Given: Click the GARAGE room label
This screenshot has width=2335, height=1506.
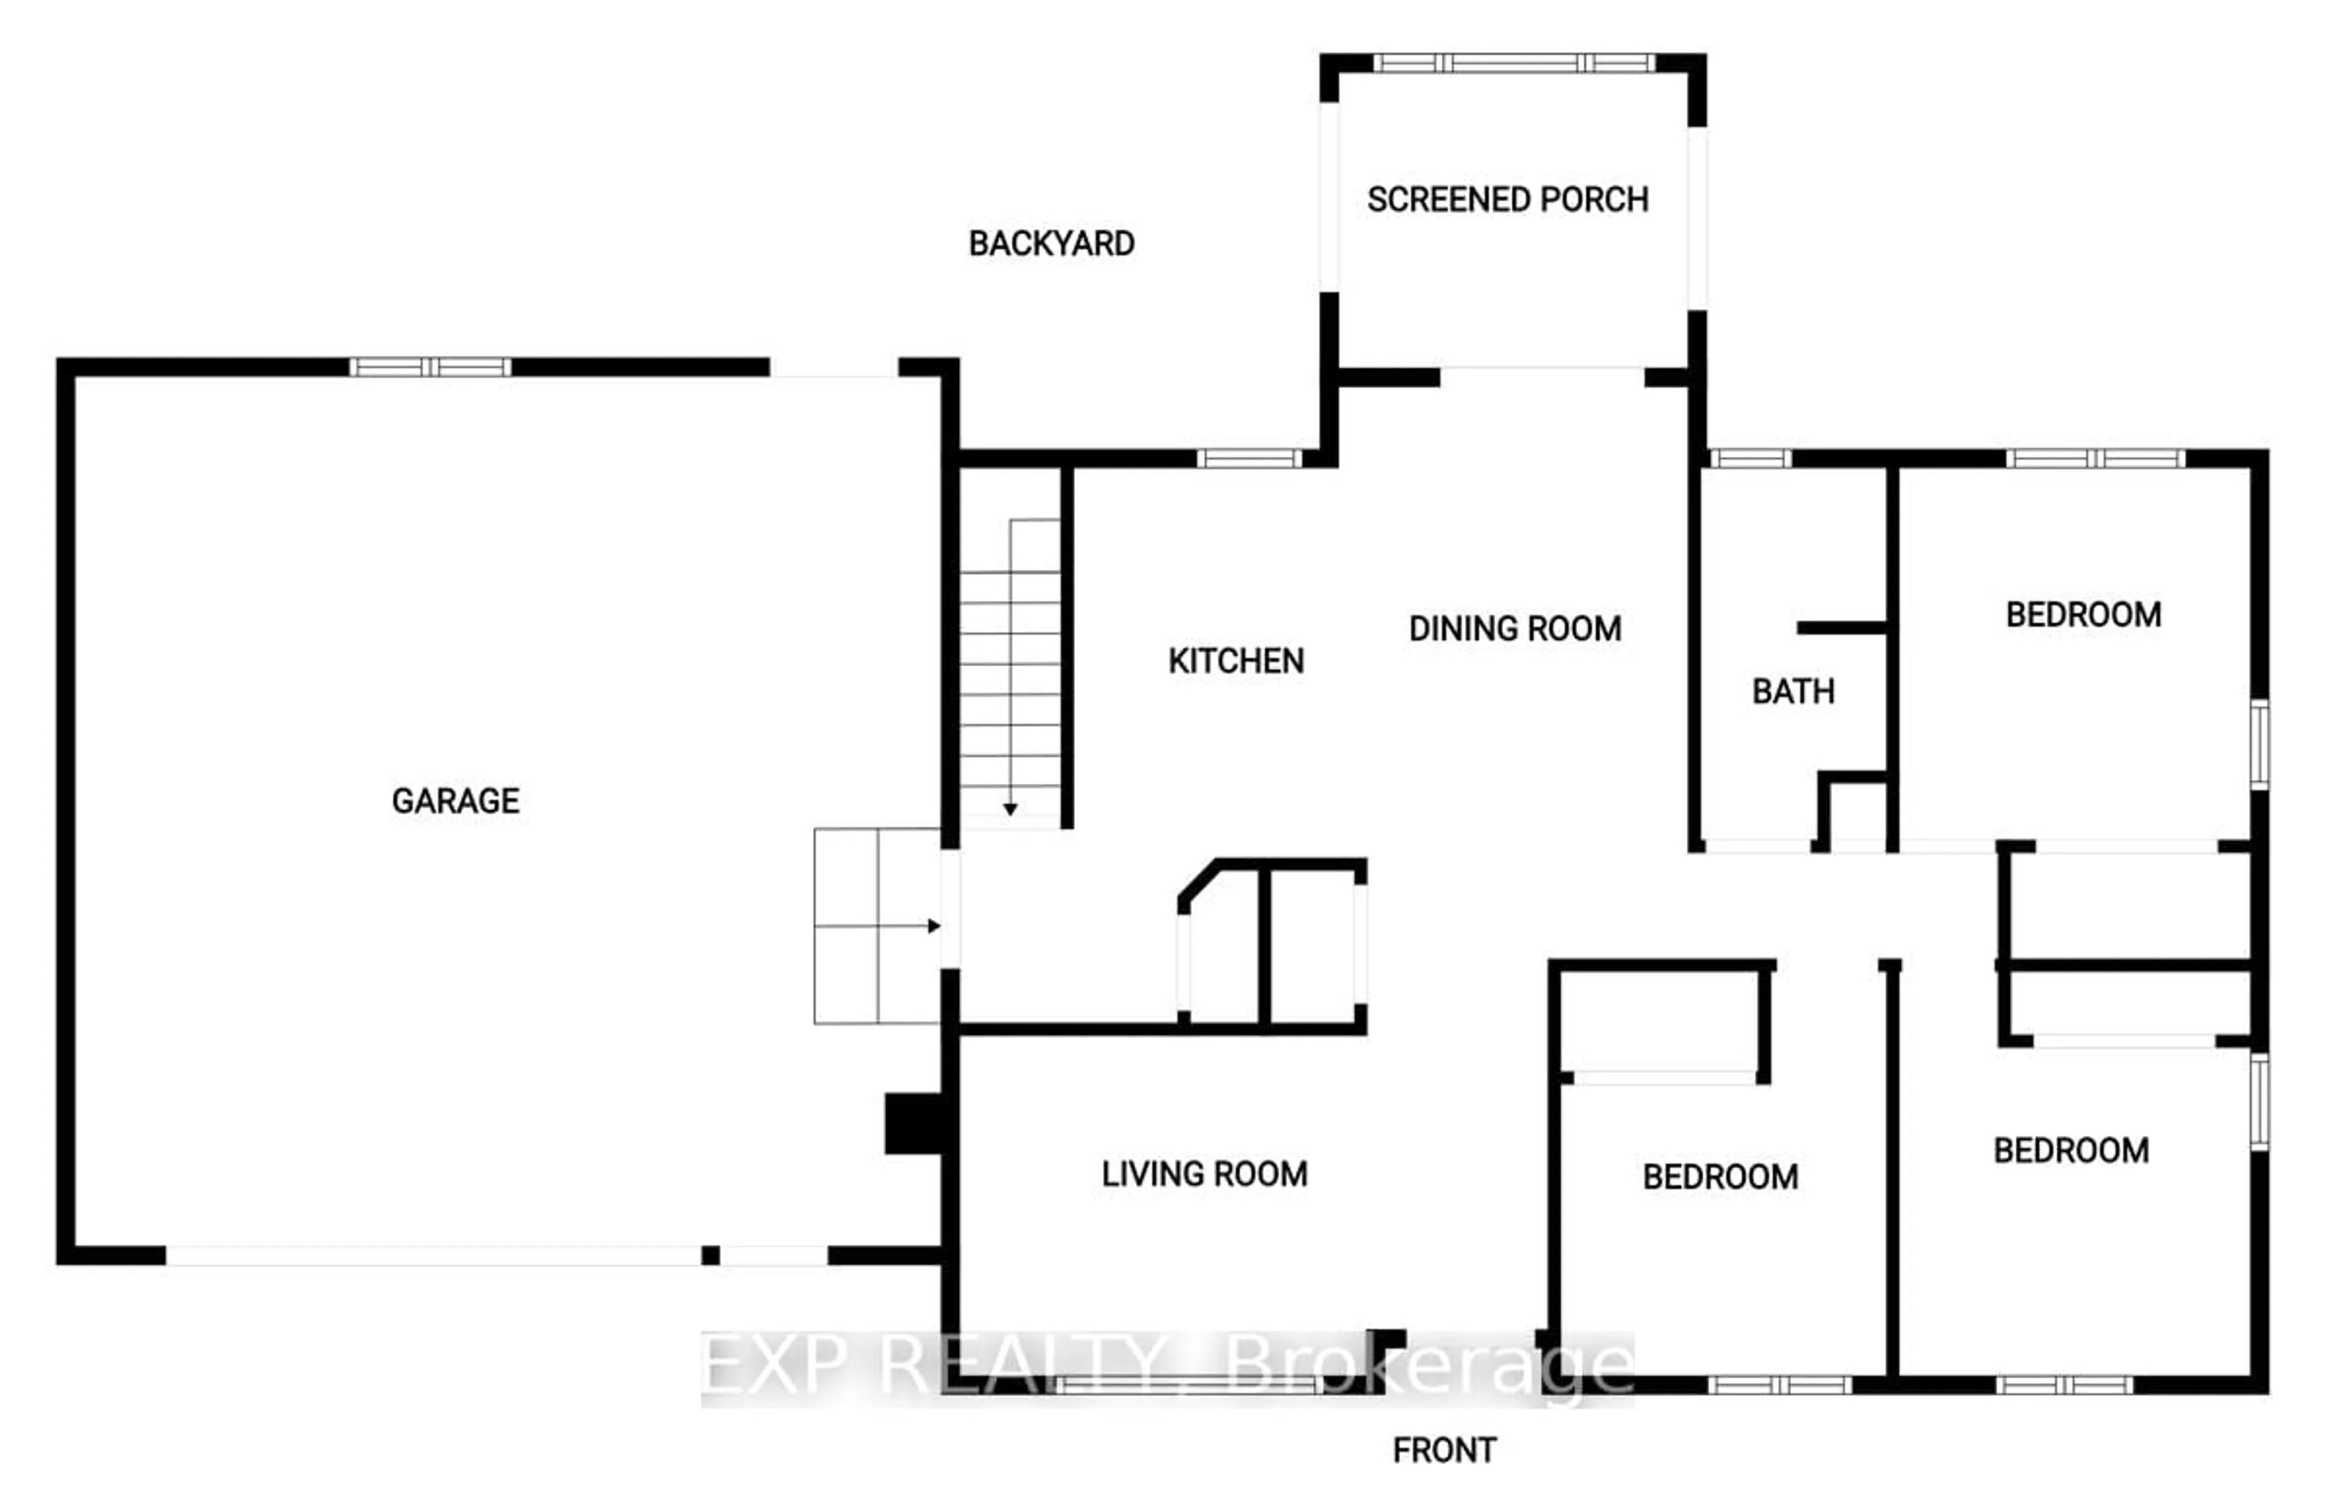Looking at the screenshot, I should pyautogui.click(x=455, y=801).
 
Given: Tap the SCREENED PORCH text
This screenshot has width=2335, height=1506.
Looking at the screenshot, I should pyautogui.click(x=1507, y=199).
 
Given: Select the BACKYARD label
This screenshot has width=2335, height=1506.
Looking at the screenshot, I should pyautogui.click(x=1051, y=244).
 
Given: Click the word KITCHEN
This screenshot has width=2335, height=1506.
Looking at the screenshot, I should pyautogui.click(x=1236, y=661).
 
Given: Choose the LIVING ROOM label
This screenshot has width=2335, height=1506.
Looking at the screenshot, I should pyautogui.click(x=1203, y=1173).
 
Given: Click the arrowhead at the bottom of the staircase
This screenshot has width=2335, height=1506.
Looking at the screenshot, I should pyautogui.click(x=1010, y=810).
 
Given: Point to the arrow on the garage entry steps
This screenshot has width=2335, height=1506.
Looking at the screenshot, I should pyautogui.click(x=933, y=926).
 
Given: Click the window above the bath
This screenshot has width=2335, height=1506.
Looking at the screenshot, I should pyautogui.click(x=1750, y=458).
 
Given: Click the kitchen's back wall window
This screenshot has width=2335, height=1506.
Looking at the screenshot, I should pyautogui.click(x=1248, y=458).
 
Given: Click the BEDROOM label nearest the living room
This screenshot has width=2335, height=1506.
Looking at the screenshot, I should pyautogui.click(x=1720, y=1176).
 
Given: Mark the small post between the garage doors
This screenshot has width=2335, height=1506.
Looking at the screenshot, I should pyautogui.click(x=711, y=1256).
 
